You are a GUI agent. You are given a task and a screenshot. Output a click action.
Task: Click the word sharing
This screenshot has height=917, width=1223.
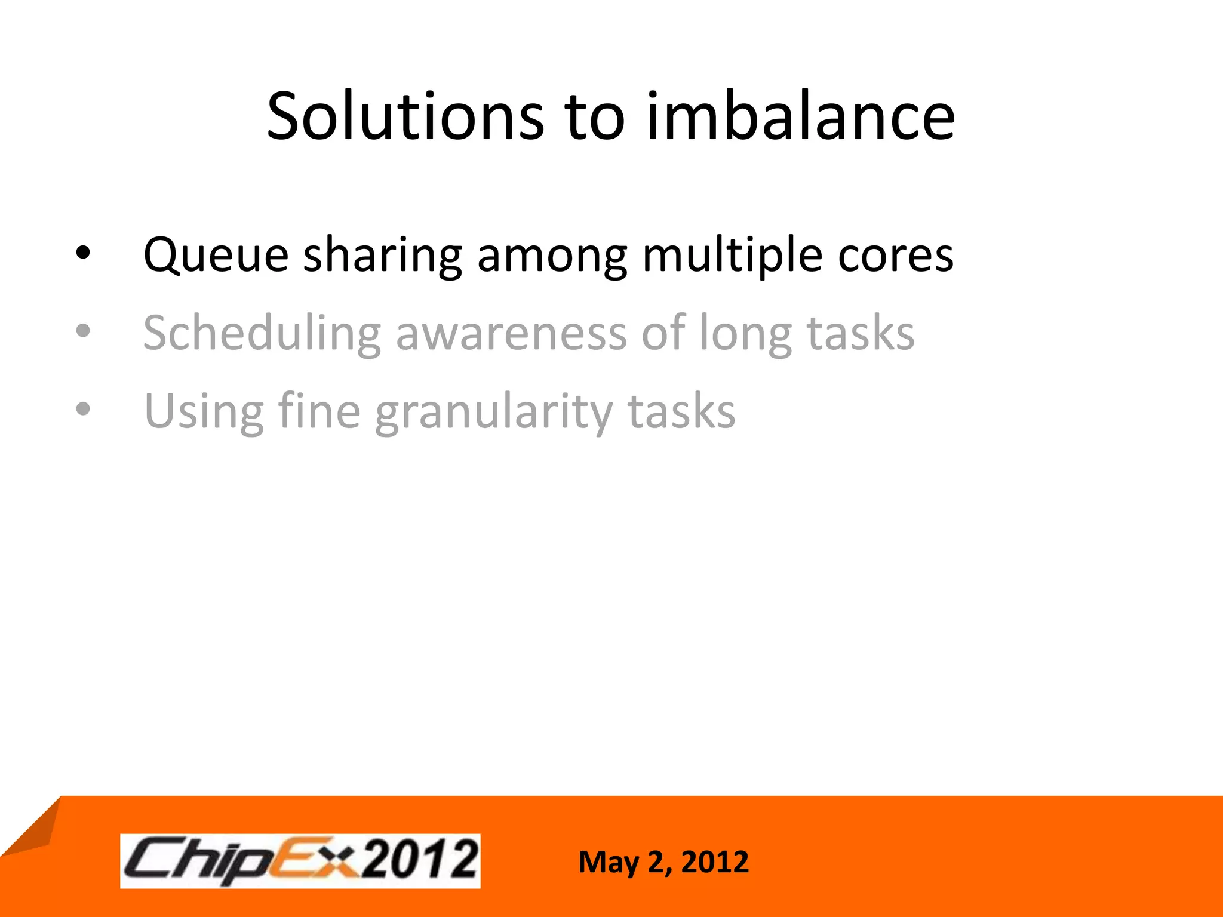coord(383,256)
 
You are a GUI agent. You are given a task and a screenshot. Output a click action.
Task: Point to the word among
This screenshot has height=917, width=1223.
coord(552,256)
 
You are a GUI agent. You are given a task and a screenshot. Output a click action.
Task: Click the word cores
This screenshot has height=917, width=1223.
coord(895,256)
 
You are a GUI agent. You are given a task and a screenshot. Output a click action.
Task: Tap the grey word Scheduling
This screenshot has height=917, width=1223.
coord(262,333)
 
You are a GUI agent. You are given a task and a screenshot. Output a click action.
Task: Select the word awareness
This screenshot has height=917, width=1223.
coord(511,333)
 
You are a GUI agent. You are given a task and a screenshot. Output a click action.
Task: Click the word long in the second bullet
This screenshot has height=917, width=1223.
coord(745,333)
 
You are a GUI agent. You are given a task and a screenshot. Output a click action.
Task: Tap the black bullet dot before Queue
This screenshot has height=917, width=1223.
coord(83,254)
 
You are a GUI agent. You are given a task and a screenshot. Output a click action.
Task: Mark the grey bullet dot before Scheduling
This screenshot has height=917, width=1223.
coord(83,330)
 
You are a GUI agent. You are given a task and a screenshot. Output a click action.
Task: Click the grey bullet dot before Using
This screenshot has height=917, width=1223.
coord(83,409)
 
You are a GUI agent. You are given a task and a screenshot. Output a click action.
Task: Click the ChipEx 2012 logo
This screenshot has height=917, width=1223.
coord(300,860)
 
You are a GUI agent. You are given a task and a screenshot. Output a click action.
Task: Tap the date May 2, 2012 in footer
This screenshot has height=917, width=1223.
coord(663,862)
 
